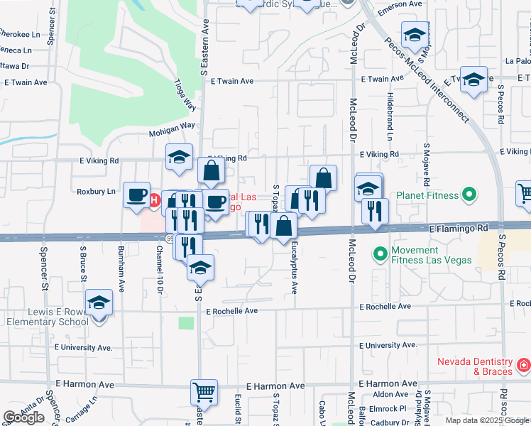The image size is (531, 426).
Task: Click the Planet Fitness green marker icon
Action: (469, 194)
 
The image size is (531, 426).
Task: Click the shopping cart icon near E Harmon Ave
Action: (204, 391)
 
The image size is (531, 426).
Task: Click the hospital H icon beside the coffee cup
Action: (154, 200)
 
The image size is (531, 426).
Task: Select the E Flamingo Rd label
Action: (459, 229)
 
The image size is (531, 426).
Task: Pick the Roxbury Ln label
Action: (96, 192)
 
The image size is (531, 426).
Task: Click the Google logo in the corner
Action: (24, 417)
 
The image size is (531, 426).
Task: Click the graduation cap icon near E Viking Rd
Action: (179, 157)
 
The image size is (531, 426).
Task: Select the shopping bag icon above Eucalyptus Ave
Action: (283, 226)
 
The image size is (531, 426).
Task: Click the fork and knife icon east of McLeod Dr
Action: (375, 211)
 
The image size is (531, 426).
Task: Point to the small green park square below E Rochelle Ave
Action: (186, 323)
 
